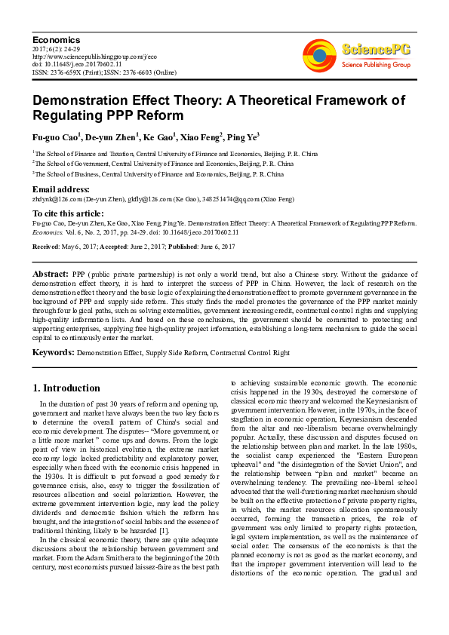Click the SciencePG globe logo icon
click(319, 54)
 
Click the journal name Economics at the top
click(56, 39)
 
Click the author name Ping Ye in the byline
click(242, 137)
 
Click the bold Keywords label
click(53, 351)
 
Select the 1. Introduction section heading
click(66, 388)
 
